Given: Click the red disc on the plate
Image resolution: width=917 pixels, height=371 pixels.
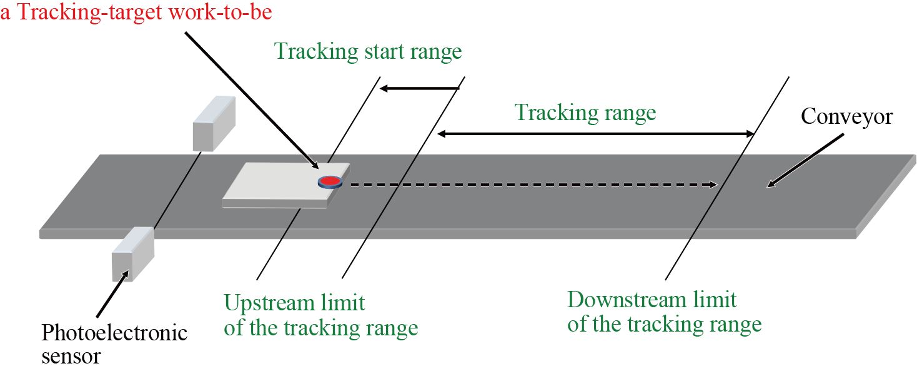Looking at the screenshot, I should [x=330, y=181].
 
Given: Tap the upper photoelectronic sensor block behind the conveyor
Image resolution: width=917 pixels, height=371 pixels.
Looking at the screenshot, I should [x=214, y=124].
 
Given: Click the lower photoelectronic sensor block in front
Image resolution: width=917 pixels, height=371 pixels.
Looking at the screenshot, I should [x=132, y=253].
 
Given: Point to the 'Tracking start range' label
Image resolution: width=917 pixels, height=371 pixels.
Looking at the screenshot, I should [x=368, y=51].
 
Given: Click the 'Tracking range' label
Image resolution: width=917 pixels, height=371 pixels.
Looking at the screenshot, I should [x=585, y=113].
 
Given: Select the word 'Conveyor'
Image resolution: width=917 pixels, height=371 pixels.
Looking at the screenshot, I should [x=846, y=116].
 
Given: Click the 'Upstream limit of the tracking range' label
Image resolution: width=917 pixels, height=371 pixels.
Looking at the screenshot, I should [x=320, y=315].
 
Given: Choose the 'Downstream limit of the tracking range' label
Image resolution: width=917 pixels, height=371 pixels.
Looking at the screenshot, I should [x=664, y=312].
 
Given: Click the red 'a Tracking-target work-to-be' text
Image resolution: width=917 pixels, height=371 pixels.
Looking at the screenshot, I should [x=136, y=12].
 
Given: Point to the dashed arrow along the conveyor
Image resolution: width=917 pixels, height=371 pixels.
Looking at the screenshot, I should [x=531, y=185].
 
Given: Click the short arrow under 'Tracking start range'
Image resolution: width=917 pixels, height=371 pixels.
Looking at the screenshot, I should [x=419, y=88].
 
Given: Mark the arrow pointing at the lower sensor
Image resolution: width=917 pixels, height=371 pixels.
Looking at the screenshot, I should [x=112, y=293].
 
